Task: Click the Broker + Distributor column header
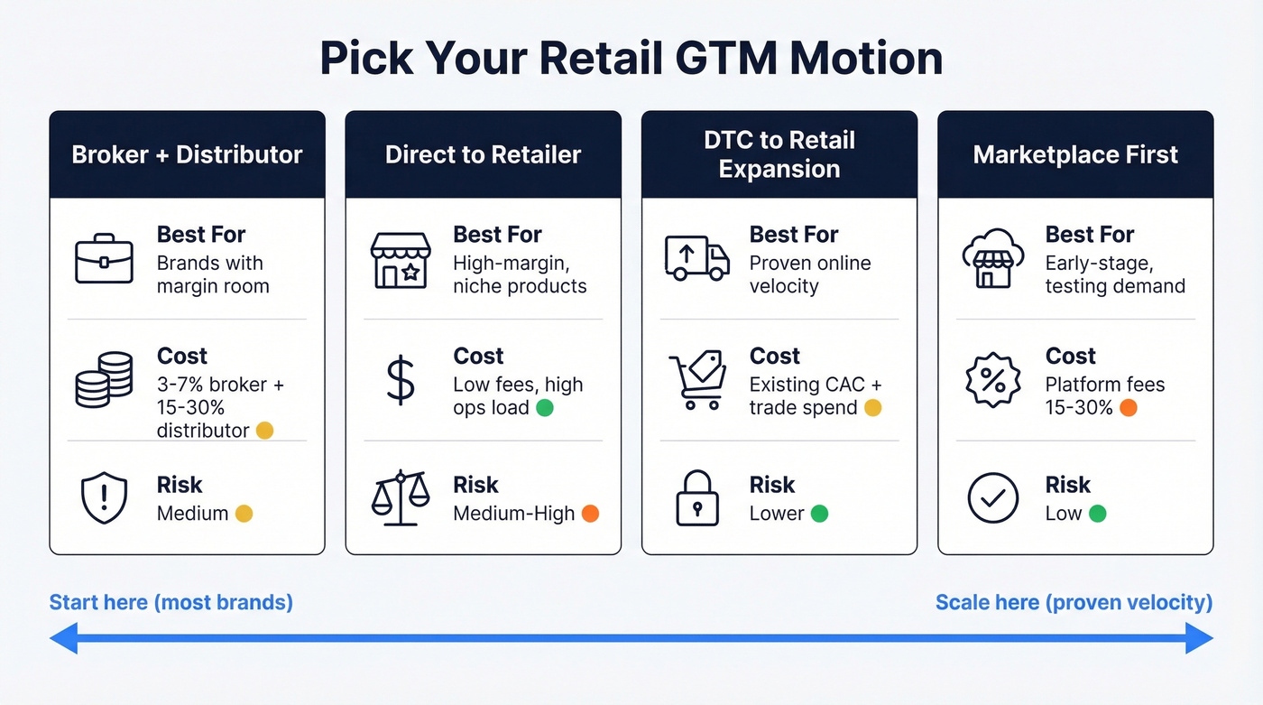pyautogui.click(x=187, y=154)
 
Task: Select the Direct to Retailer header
pyautogui.click(x=483, y=154)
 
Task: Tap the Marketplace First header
pyautogui.click(x=1075, y=154)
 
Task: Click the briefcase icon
pyautogui.click(x=104, y=258)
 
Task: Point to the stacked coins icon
pyautogui.click(x=104, y=379)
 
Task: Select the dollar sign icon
pyautogui.click(x=401, y=380)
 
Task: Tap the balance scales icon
pyautogui.click(x=401, y=497)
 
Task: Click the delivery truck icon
pyautogui.click(x=696, y=258)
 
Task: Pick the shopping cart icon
pyautogui.click(x=696, y=381)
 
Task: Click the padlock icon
pyautogui.click(x=696, y=498)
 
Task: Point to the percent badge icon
pyautogui.click(x=992, y=381)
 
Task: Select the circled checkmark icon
pyautogui.click(x=992, y=498)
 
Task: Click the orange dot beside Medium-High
pyautogui.click(x=590, y=514)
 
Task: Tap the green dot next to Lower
pyautogui.click(x=819, y=514)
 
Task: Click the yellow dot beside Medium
pyautogui.click(x=244, y=514)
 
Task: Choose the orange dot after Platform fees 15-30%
pyautogui.click(x=1128, y=408)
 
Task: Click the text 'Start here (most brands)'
pyautogui.click(x=171, y=602)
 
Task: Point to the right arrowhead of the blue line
pyautogui.click(x=1200, y=639)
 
